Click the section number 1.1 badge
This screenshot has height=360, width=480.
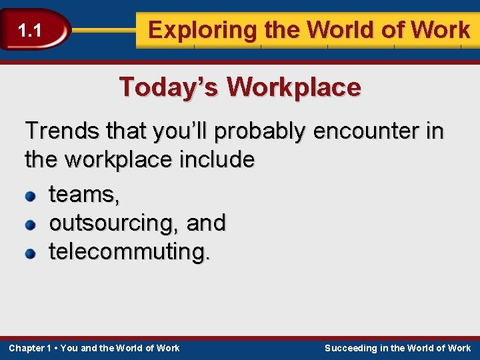[30, 30]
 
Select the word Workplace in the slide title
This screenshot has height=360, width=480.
[293, 87]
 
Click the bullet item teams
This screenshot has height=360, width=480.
[84, 195]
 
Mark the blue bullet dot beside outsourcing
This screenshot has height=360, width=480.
[30, 225]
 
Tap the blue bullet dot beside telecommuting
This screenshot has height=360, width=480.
[30, 253]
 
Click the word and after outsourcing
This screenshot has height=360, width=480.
[207, 223]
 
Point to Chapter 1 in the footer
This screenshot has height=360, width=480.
[29, 348]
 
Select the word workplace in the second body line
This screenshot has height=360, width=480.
[121, 160]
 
